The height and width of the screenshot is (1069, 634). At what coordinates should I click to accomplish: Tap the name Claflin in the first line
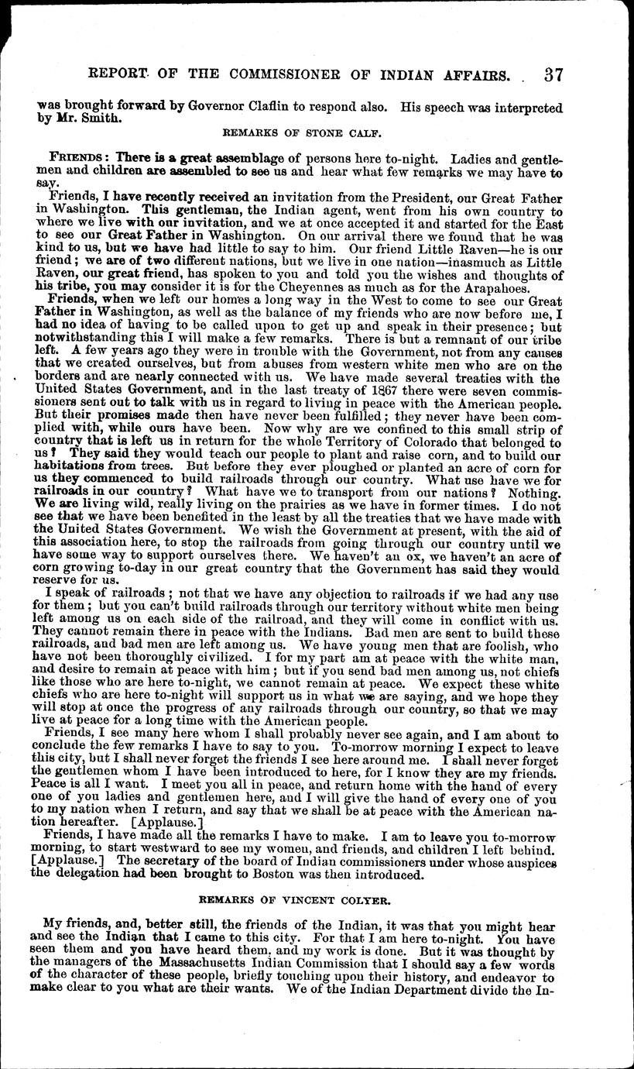click(298, 109)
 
